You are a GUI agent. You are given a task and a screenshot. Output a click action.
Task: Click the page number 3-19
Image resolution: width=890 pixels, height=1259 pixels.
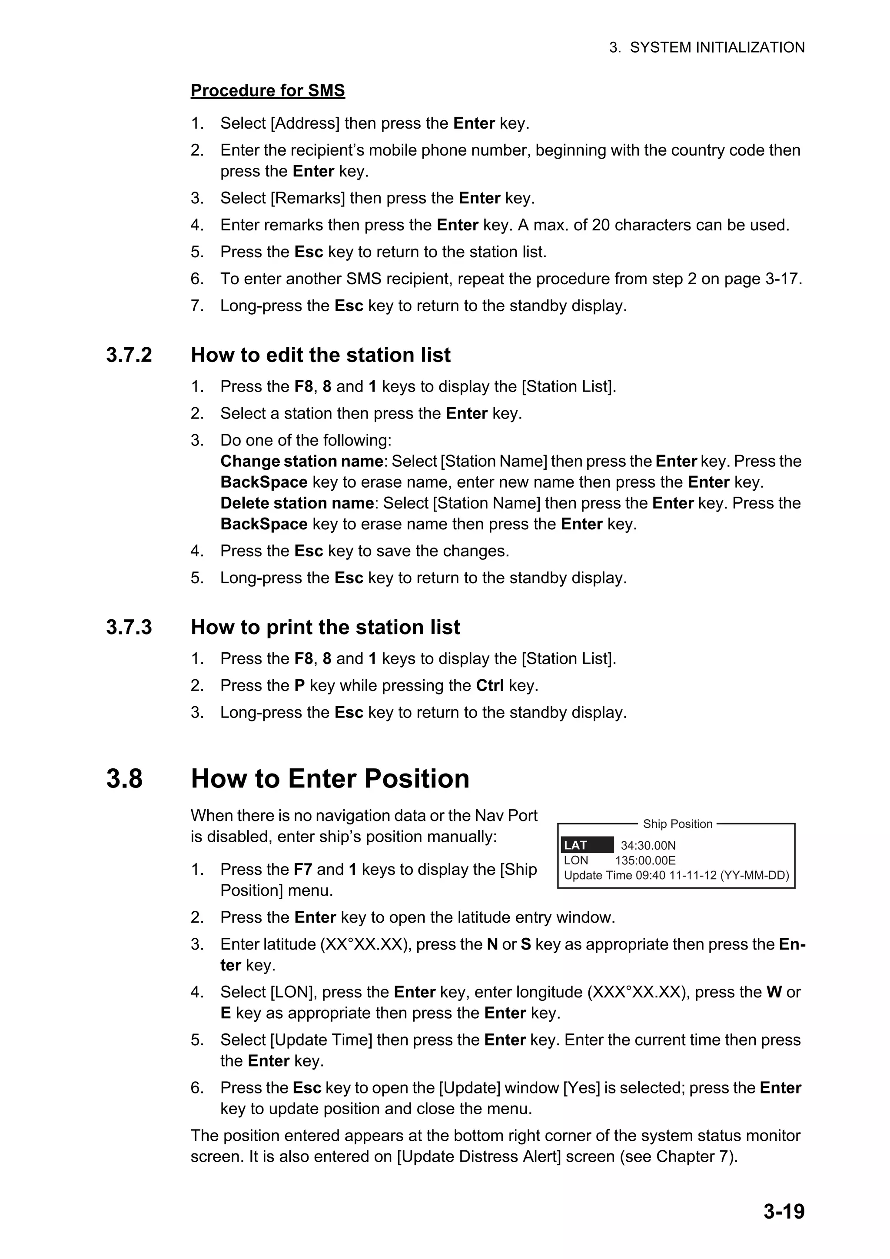click(x=784, y=1211)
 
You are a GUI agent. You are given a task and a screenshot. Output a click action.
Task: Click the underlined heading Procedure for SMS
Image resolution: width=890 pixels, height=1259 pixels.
click(x=268, y=90)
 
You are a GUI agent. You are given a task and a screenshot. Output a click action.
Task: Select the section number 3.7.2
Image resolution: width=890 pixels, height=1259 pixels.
click(x=129, y=355)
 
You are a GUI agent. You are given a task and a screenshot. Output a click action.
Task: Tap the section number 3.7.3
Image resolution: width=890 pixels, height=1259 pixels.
click(x=129, y=627)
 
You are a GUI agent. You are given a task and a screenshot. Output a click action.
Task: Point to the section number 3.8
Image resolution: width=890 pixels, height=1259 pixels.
click(x=124, y=779)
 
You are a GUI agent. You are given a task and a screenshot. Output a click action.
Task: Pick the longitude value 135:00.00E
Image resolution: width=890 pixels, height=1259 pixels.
click(x=645, y=860)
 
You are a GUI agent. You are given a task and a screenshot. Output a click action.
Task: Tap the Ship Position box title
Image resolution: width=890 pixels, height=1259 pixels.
click(x=677, y=824)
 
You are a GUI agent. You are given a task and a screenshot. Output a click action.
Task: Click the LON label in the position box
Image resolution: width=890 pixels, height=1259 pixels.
click(x=575, y=860)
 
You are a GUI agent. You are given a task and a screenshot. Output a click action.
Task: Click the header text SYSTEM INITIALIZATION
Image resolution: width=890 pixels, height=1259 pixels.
click(x=717, y=48)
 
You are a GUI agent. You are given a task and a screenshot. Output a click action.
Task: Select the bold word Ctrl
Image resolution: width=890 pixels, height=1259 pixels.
click(x=490, y=685)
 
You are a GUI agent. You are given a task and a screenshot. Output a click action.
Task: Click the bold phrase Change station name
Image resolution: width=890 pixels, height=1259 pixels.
click(x=301, y=461)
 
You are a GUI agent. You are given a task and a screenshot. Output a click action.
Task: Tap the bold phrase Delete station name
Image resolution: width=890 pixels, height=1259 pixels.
click(x=297, y=503)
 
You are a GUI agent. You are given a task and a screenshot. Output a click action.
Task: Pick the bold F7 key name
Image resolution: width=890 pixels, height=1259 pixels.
click(x=303, y=869)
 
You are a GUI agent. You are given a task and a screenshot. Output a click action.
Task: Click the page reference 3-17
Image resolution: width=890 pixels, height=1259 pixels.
click(x=783, y=279)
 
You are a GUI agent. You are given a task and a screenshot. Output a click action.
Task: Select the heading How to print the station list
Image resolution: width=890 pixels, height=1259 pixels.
click(x=325, y=627)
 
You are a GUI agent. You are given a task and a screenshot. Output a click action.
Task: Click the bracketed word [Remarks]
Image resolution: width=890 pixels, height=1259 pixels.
click(x=308, y=198)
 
